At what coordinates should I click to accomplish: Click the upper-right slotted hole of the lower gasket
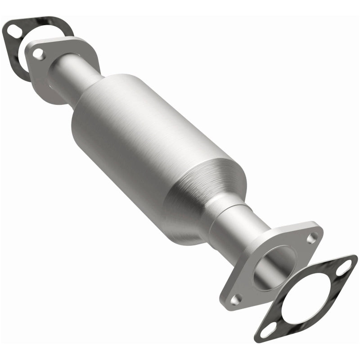tap(345, 267)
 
